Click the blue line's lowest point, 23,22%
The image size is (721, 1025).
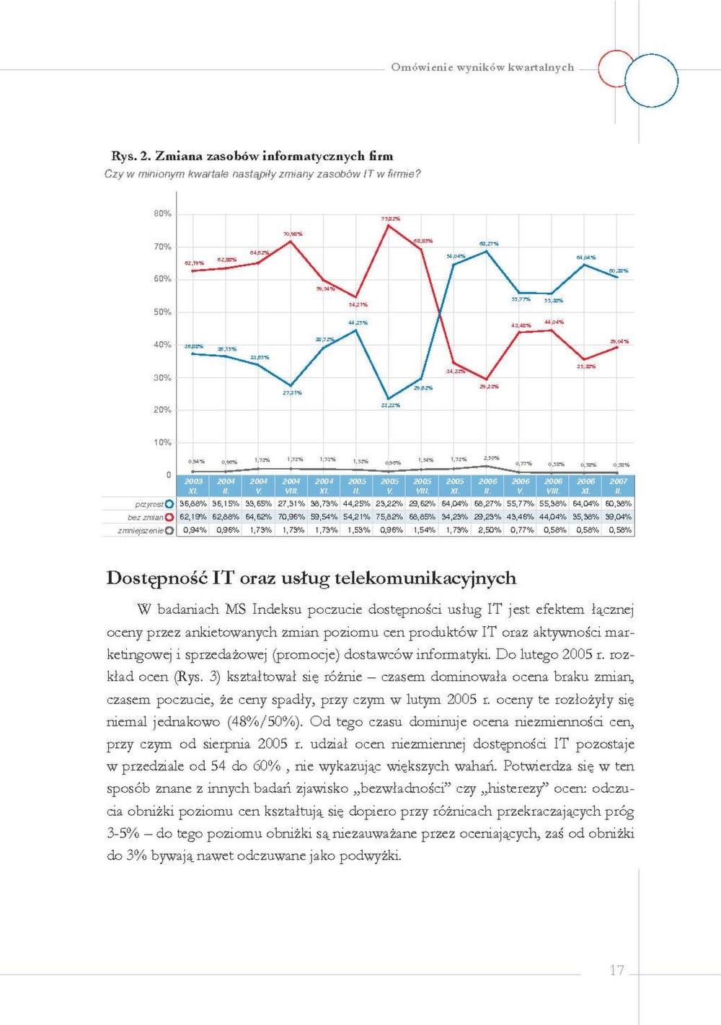[389, 398]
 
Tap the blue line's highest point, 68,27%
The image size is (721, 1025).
[487, 251]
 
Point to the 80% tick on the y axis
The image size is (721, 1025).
[162, 214]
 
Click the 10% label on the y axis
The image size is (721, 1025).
[162, 442]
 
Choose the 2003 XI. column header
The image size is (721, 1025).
[193, 485]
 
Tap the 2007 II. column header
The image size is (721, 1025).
[618, 485]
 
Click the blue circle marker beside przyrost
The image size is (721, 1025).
[169, 504]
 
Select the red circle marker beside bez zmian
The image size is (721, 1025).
[169, 517]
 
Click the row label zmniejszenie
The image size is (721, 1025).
[141, 530]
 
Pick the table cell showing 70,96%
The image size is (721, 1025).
[291, 517]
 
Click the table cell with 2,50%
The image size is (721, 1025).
[487, 530]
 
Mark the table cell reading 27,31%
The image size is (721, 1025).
[291, 504]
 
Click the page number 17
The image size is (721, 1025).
[616, 970]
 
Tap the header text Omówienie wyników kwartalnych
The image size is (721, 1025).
[482, 67]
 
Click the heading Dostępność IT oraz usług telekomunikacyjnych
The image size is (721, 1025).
[311, 578]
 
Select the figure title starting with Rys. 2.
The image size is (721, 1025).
[252, 156]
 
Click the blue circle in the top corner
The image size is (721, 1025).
[652, 81]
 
